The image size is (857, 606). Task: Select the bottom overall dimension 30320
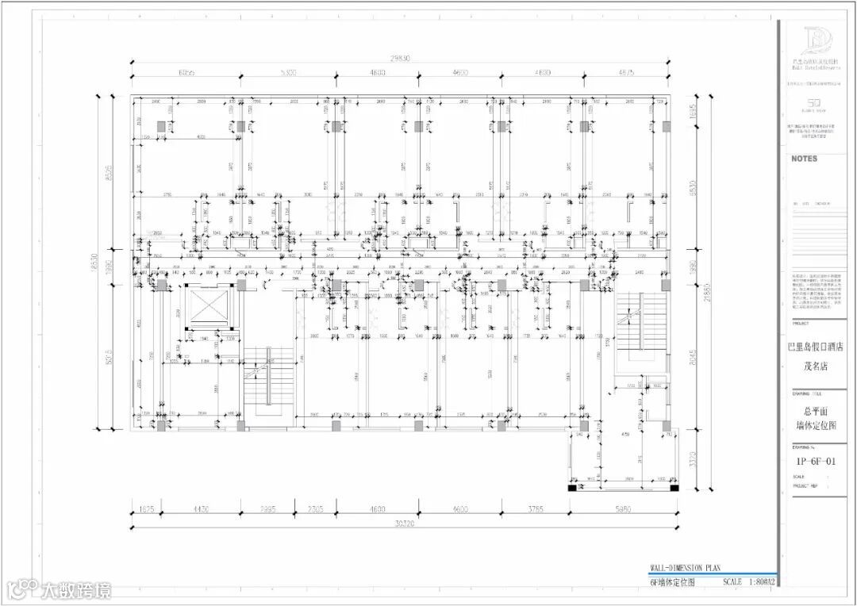[x=404, y=524]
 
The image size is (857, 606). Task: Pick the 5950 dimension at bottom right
[x=623, y=509]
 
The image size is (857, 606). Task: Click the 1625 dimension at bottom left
[x=145, y=509]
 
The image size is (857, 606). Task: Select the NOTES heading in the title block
[x=804, y=159]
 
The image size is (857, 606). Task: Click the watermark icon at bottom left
[x=21, y=589]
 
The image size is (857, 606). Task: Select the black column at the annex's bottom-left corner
[x=572, y=488]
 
